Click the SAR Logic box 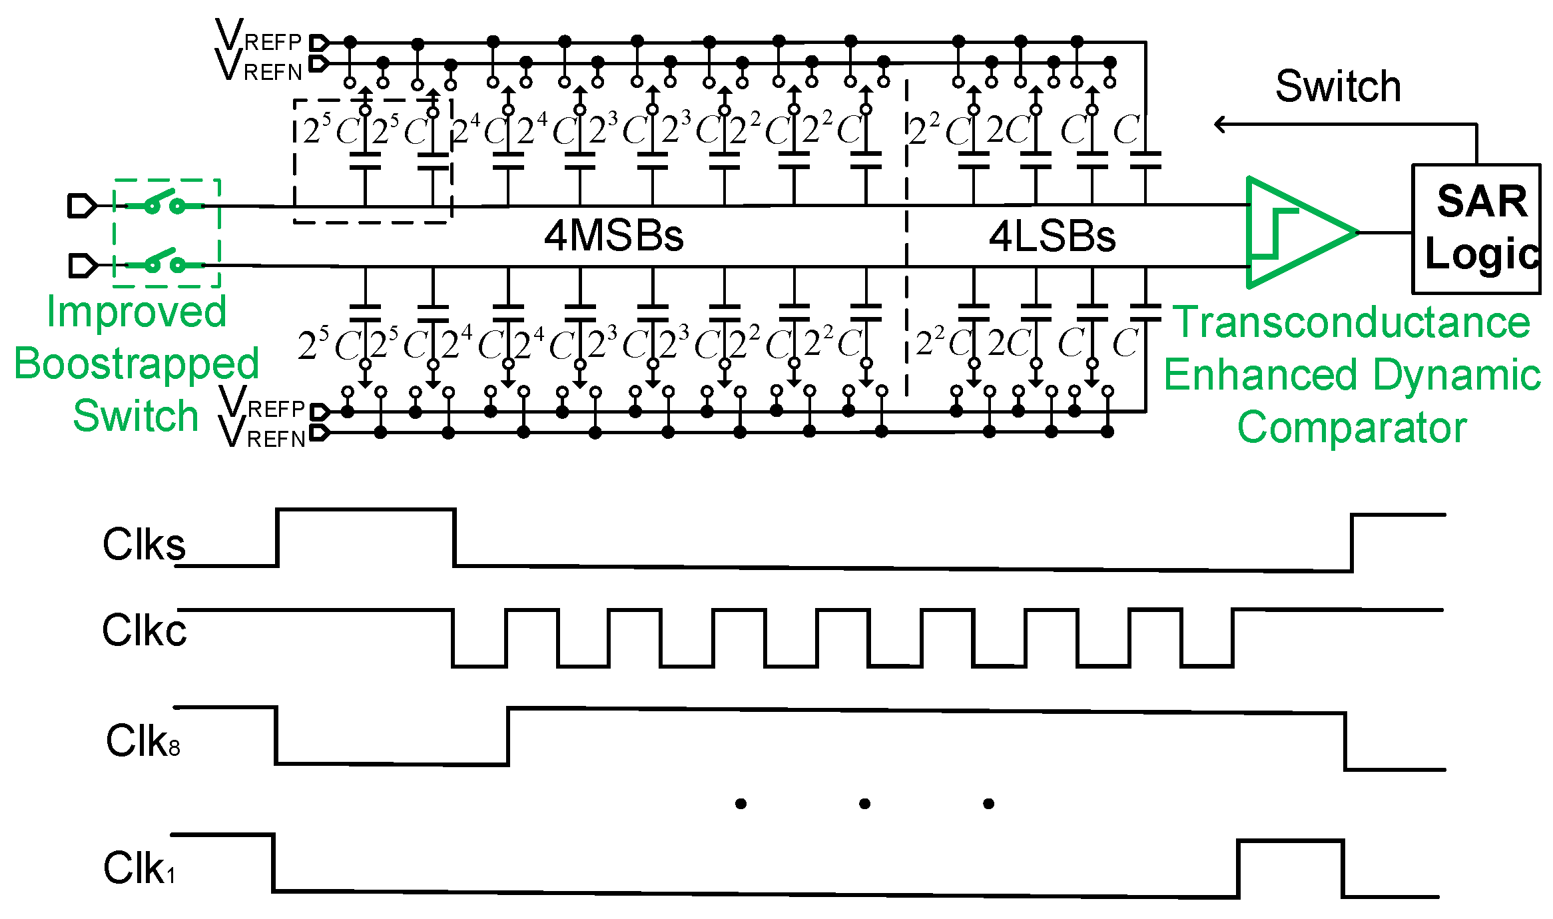click(x=1476, y=228)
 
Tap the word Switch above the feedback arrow click(x=1338, y=87)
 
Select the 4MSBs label click(x=613, y=236)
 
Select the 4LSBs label click(x=1052, y=236)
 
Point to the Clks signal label click(x=144, y=545)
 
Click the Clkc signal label click(x=144, y=630)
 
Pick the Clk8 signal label click(x=143, y=741)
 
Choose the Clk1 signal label click(x=139, y=868)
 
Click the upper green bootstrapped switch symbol click(x=164, y=204)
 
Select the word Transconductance click(x=1351, y=323)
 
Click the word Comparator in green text click(x=1351, y=427)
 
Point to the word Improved click(x=137, y=312)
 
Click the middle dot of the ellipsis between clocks click(x=864, y=804)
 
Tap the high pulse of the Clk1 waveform click(x=1290, y=842)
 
